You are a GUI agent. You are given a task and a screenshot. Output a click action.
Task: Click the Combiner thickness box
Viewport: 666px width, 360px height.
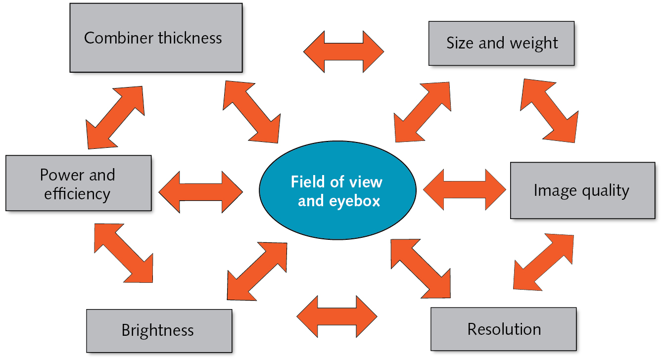click(x=156, y=38)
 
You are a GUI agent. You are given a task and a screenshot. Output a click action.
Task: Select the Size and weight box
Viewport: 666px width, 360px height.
click(x=501, y=44)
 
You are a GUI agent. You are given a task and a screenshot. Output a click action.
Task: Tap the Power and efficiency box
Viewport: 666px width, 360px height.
click(x=78, y=183)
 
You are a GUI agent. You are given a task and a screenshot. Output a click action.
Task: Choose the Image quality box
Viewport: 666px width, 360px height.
click(x=582, y=190)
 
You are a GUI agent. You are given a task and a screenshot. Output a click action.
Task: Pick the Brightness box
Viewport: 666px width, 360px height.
click(x=159, y=330)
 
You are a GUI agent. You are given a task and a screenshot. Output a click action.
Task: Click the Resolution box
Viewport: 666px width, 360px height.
click(x=503, y=329)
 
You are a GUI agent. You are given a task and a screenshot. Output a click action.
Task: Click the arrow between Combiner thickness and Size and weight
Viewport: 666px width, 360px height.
click(x=343, y=51)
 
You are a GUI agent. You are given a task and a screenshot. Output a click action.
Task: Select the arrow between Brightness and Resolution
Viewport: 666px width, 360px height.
click(x=337, y=316)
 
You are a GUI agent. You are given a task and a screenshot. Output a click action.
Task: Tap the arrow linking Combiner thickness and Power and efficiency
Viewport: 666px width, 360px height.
click(x=115, y=118)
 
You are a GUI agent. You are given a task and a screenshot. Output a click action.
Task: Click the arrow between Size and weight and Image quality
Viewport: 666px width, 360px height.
click(x=549, y=111)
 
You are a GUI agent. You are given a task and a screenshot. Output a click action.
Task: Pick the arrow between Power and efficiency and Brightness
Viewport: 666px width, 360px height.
click(x=123, y=253)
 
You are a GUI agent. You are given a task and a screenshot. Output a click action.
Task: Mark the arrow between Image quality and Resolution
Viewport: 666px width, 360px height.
click(x=543, y=262)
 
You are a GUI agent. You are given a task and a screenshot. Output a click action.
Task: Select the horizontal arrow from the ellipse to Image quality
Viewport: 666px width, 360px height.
click(x=465, y=189)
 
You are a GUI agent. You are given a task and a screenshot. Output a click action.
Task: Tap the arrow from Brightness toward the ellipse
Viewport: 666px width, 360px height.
click(x=257, y=271)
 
